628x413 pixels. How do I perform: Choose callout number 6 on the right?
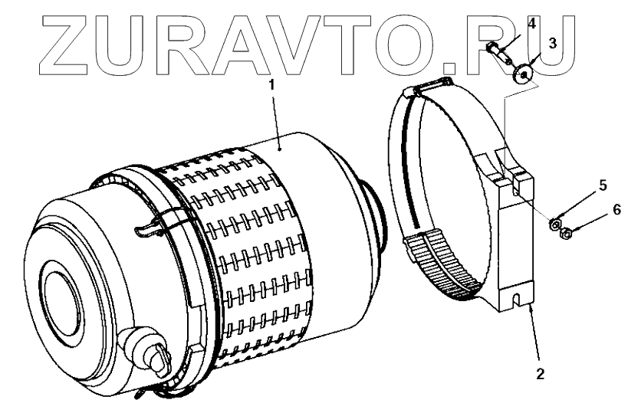[616, 209]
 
